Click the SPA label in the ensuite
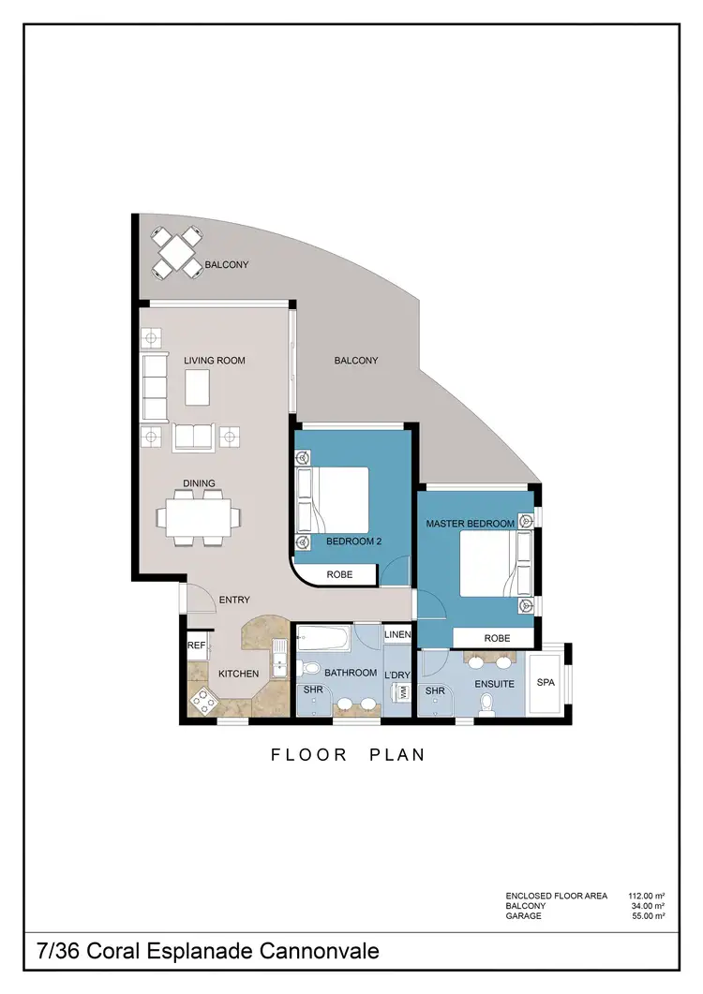click(x=546, y=683)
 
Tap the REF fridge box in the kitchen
click(x=197, y=645)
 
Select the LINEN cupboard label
click(x=397, y=635)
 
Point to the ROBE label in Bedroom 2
click(x=339, y=574)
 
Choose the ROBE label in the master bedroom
click(x=497, y=638)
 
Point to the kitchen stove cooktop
click(x=202, y=698)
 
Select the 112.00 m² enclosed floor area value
click(x=646, y=896)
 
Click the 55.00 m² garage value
click(x=649, y=916)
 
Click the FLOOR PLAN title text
click(x=348, y=754)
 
